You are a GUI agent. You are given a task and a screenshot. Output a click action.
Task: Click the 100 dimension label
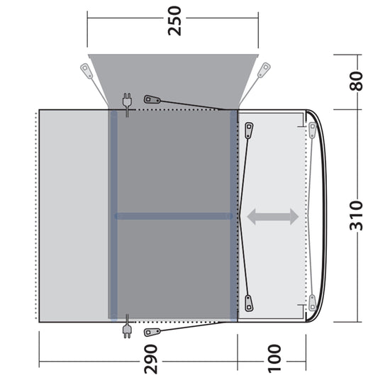tap(274, 361)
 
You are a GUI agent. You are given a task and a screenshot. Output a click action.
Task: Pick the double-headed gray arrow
tap(272, 217)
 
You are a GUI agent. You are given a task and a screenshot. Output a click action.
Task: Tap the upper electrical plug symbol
tap(128, 103)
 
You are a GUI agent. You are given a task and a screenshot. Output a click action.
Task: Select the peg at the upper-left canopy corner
tap(86, 70)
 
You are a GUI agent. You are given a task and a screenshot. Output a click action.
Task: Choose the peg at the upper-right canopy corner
tap(264, 70)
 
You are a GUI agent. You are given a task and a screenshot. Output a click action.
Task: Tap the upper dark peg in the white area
tap(249, 130)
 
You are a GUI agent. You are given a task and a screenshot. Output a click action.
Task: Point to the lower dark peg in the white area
tap(249, 303)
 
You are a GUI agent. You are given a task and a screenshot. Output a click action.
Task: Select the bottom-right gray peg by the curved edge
tap(312, 303)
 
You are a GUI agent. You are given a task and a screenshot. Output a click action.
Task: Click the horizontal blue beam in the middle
tap(174, 216)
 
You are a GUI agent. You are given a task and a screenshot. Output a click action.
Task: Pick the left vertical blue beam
tap(113, 216)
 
